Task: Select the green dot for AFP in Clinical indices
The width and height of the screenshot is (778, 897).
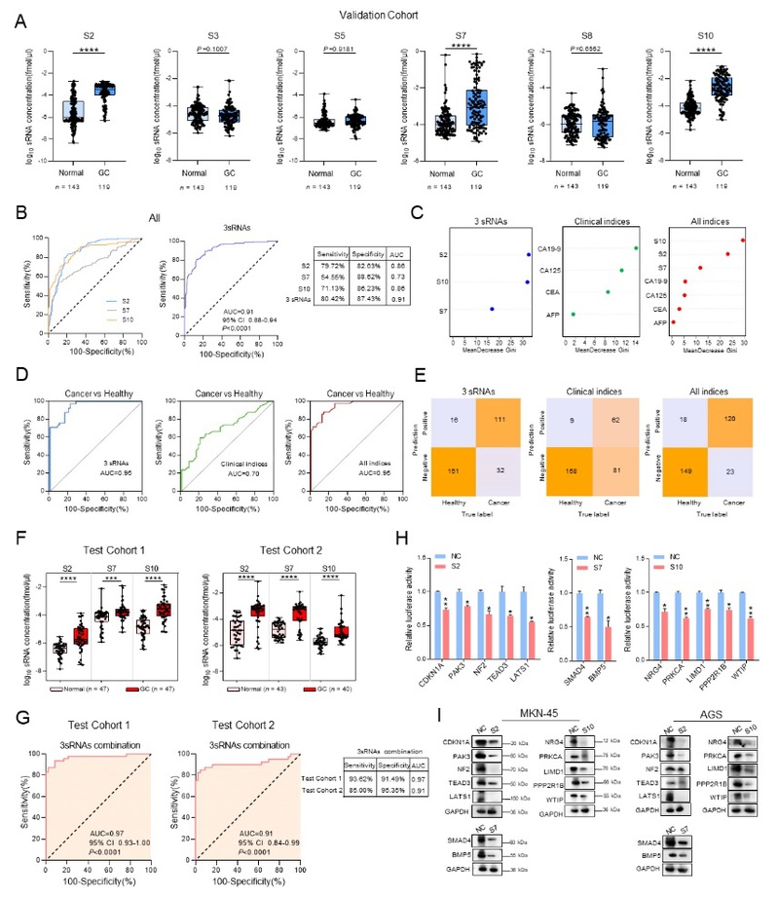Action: pyautogui.click(x=574, y=315)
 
